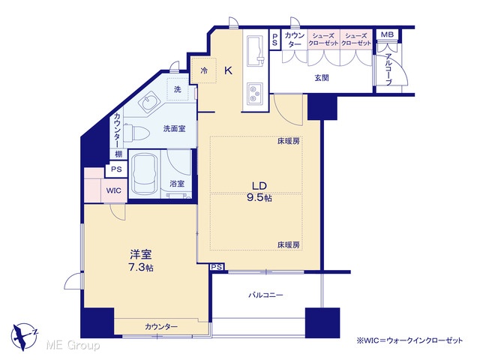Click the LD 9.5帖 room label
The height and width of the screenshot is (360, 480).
[259, 192]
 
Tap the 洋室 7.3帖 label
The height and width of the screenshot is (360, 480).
[141, 260]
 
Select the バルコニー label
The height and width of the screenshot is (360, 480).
[265, 295]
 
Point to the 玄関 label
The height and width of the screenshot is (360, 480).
[322, 78]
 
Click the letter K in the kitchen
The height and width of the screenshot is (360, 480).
[228, 71]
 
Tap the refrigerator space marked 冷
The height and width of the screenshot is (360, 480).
[203, 70]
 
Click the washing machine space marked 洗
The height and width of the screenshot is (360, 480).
[178, 89]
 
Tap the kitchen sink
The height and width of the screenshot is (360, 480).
[255, 51]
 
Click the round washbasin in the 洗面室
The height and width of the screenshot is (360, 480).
[150, 102]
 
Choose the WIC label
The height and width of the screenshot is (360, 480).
[113, 190]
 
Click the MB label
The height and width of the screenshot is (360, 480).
[387, 34]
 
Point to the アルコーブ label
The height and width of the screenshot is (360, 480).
[388, 70]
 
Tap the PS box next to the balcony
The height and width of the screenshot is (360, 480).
[217, 267]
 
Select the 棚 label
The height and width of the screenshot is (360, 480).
[118, 154]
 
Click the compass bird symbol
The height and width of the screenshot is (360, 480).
[23, 336]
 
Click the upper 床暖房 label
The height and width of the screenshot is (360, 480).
[288, 142]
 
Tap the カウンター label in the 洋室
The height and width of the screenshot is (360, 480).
[161, 327]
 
